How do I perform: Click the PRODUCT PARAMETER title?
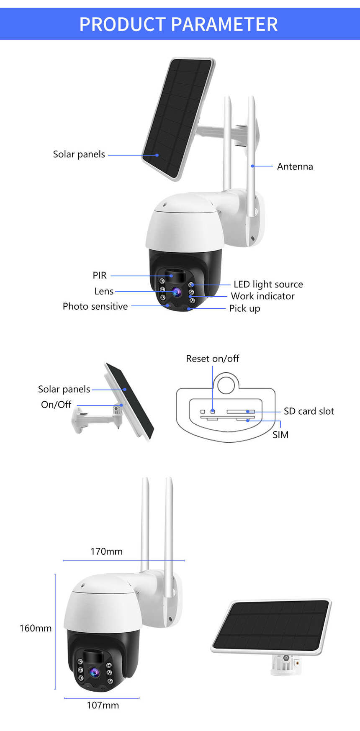[x=179, y=24]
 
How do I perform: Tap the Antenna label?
[x=295, y=167]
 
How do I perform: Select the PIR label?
[x=100, y=275]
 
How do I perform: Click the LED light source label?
[x=268, y=285]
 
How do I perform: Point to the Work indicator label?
[x=262, y=296]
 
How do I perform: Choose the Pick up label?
[x=244, y=309]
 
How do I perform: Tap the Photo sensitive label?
[x=95, y=306]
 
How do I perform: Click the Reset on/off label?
[x=212, y=359]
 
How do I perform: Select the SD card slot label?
[x=309, y=411]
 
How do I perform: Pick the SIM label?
[x=280, y=435]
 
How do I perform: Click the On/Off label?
[x=56, y=405]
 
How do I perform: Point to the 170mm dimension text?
[x=106, y=551]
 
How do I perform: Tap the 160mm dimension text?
[x=36, y=628]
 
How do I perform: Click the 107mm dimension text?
[x=103, y=705]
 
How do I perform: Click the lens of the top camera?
[x=176, y=291]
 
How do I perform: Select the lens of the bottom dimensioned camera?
[x=94, y=672]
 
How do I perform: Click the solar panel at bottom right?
[x=271, y=625]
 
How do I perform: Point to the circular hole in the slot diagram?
[x=226, y=384]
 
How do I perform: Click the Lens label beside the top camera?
[x=104, y=291]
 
